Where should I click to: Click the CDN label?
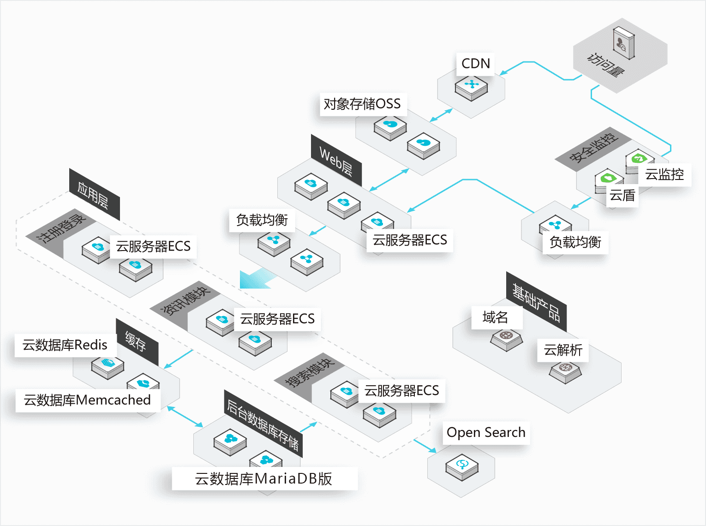[x=476, y=64]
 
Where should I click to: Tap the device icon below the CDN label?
[x=471, y=87]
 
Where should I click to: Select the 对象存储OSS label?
[x=362, y=104]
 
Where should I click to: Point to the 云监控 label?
[x=664, y=174]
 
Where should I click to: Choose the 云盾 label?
[x=622, y=196]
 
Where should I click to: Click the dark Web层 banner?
[x=336, y=161]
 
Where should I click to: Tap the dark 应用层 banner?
[x=94, y=194]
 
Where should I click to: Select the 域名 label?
[x=496, y=317]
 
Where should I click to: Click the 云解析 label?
[x=563, y=350]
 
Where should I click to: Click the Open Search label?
[x=486, y=432]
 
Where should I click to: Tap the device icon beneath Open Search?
[x=462, y=467]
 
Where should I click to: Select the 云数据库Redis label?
[x=65, y=345]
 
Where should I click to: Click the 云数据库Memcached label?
[x=87, y=400]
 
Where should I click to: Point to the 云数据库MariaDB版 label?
[x=264, y=478]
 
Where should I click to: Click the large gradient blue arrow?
[x=257, y=279]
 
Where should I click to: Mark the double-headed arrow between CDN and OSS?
[x=442, y=115]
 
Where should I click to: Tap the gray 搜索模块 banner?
[x=310, y=372]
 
